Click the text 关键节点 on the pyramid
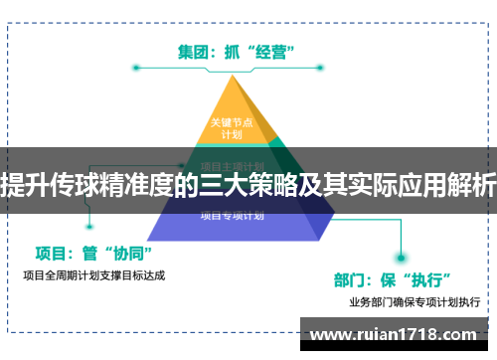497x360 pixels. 231,122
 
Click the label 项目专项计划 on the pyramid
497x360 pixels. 232,214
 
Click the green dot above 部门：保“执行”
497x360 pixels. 403,253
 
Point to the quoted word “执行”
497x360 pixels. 433,276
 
